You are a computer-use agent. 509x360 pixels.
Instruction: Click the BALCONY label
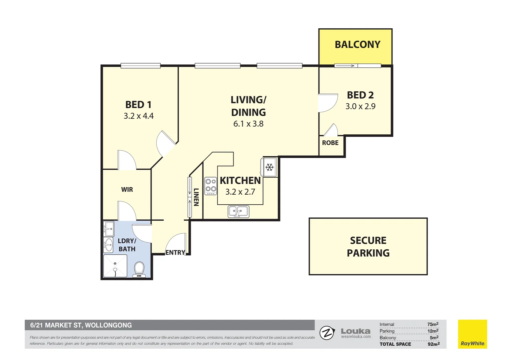357,45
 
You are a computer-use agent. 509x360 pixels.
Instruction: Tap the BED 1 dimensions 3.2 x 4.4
139,116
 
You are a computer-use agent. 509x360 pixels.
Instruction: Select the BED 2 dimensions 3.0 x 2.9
360,106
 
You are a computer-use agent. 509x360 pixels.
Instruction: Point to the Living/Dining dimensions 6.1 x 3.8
249,124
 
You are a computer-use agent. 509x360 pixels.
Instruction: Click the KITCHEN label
240,181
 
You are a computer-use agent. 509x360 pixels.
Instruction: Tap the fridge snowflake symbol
269,167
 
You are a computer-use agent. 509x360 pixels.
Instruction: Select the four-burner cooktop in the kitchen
211,186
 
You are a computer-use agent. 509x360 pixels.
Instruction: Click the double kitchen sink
239,211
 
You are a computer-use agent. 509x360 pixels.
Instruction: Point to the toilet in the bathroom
139,269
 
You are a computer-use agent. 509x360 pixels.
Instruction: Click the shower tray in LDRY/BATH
115,266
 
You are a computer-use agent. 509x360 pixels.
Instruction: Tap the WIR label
127,189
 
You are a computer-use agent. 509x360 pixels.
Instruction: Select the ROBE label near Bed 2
330,143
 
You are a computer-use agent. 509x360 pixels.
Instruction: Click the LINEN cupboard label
196,197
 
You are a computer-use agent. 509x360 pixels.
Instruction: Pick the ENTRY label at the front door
175,252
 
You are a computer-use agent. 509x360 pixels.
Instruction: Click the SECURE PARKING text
368,247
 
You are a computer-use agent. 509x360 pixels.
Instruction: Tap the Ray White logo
472,334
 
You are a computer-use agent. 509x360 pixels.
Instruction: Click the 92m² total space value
434,344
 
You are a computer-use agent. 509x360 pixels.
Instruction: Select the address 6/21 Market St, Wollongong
81,325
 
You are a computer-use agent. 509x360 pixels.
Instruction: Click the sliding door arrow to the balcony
345,66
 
